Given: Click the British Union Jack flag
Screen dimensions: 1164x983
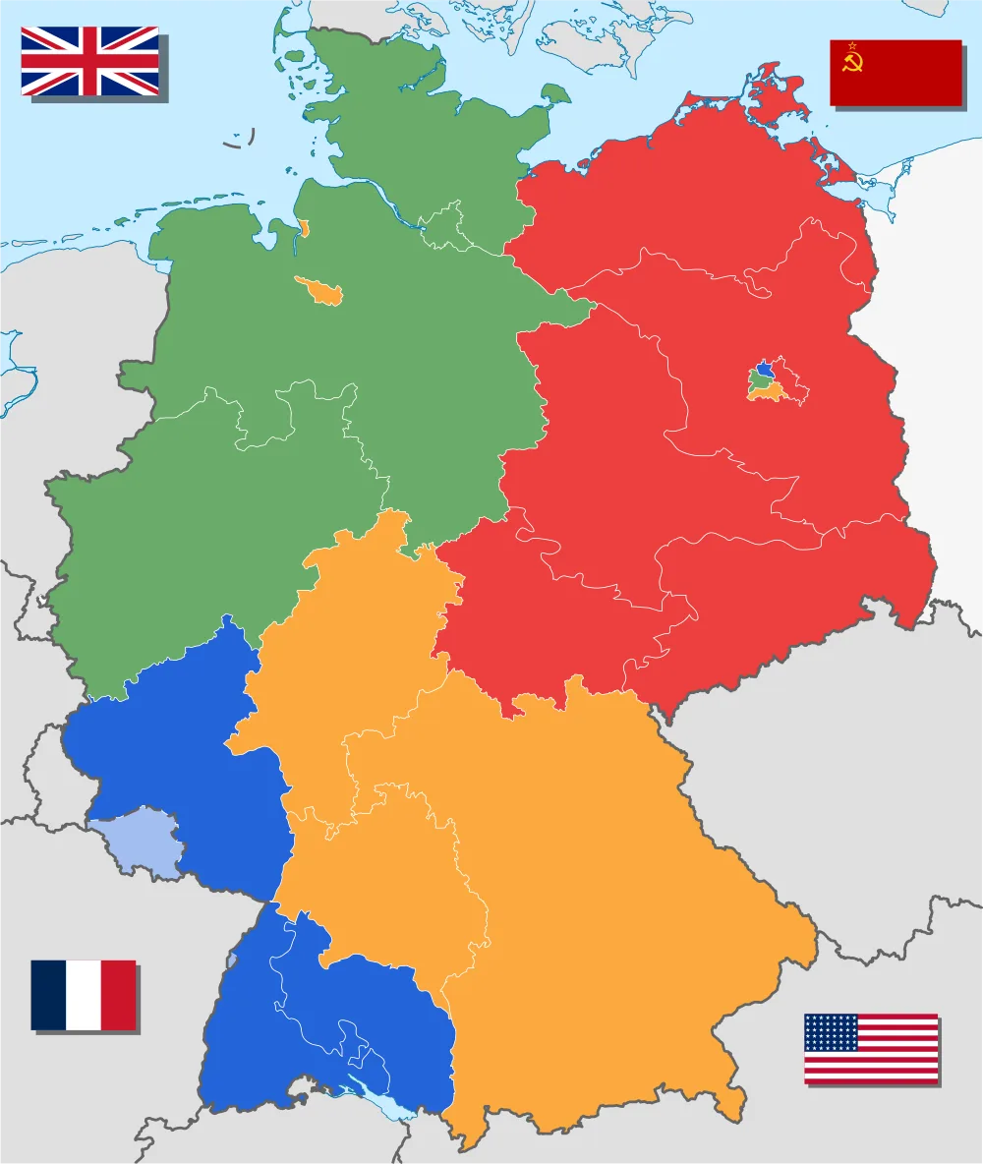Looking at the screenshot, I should [89, 61].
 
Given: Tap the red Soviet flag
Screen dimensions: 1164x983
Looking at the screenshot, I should [896, 73].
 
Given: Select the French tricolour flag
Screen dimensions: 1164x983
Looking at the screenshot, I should [84, 995].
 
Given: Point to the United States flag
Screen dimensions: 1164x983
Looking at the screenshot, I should [871, 1049].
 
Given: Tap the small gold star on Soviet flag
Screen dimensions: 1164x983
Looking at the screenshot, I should [851, 45].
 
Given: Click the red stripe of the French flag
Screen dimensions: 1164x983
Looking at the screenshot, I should [118, 995].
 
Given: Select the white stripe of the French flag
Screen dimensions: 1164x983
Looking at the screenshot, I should [84, 995].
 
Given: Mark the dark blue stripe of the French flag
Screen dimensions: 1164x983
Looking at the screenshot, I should [48, 995].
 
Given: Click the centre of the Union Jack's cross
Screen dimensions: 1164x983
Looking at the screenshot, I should [89, 61].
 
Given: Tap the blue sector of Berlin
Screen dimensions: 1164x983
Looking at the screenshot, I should [763, 366].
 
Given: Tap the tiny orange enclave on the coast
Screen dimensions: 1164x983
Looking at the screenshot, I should [304, 230].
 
